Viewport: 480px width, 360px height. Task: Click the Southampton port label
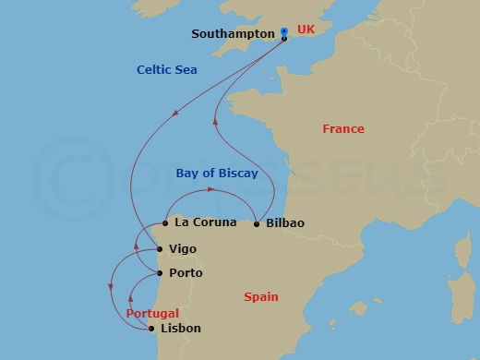tap(233, 34)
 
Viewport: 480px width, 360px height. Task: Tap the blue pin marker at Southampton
tap(284, 32)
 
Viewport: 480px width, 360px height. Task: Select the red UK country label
tap(306, 30)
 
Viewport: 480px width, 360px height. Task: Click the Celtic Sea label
tap(166, 69)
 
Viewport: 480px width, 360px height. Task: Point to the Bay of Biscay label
tap(216, 173)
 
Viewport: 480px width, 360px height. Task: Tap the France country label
tap(342, 129)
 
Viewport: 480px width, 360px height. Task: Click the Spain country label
tap(260, 297)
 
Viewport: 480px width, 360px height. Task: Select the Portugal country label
tap(152, 314)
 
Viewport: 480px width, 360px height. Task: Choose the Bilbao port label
tap(284, 223)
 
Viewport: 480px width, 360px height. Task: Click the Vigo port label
tap(183, 249)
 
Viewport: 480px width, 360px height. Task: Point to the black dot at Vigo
tap(159, 249)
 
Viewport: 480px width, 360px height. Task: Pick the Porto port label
tap(186, 273)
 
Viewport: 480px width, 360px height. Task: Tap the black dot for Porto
tap(161, 273)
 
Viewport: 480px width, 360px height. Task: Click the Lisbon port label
tap(180, 329)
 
